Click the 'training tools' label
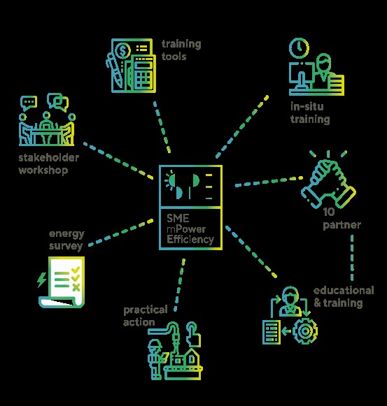pyautogui.click(x=181, y=50)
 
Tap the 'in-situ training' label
pyautogui.click(x=310, y=113)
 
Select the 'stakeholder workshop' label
pyautogui.click(x=48, y=164)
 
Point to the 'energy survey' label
pyautogui.click(x=66, y=240)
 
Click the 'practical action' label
pyautogui.click(x=146, y=316)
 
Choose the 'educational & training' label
pyautogui.click(x=344, y=297)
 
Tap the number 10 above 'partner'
pyautogui.click(x=329, y=212)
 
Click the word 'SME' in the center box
pyautogui.click(x=178, y=218)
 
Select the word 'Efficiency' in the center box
pyautogui.click(x=190, y=239)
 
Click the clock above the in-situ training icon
pyautogui.click(x=299, y=48)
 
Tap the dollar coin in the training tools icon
pyautogui.click(x=122, y=51)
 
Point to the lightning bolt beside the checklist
pyautogui.click(x=41, y=280)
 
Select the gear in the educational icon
pyautogui.click(x=305, y=331)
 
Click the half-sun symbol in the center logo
pyautogui.click(x=170, y=180)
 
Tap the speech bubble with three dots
pyautogui.click(x=29, y=103)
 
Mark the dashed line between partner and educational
pyautogui.click(x=352, y=258)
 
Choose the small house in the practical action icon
pyautogui.click(x=191, y=356)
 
